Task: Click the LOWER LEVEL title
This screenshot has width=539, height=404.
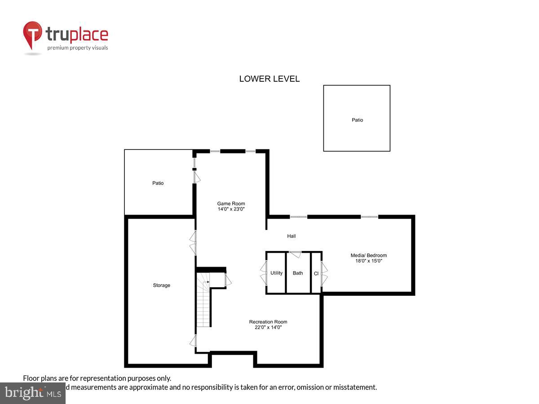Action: (269, 79)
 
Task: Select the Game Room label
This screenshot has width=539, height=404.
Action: (231, 203)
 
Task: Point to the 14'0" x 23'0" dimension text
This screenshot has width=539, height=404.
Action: (231, 209)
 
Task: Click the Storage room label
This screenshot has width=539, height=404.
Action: (161, 285)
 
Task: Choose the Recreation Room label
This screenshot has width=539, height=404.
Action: (268, 321)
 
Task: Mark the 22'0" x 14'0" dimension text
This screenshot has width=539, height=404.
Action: (268, 327)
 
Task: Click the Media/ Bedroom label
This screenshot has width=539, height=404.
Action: (368, 255)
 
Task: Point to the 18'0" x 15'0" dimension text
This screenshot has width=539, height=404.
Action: (368, 261)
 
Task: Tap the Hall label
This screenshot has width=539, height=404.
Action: (292, 236)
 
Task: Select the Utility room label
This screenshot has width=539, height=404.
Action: (276, 273)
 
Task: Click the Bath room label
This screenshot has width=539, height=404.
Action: (298, 273)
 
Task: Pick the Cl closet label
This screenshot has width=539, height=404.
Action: (316, 273)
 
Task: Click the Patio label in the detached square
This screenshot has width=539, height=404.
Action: (357, 120)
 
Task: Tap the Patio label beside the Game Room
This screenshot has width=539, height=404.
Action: (158, 183)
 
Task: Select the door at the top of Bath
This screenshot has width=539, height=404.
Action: (295, 254)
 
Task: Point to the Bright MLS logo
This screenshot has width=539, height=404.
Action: (33, 393)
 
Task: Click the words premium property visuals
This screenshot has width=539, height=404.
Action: (78, 48)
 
